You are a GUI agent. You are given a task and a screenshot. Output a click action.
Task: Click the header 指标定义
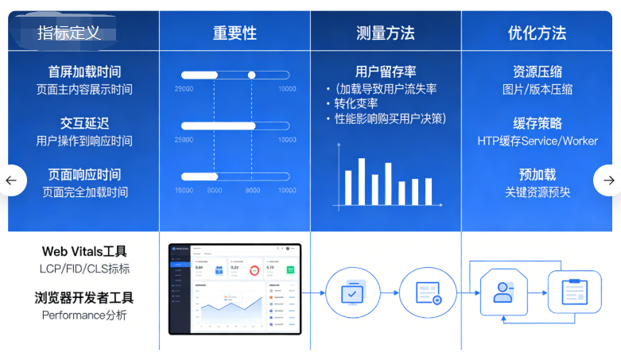pyautogui.click(x=69, y=33)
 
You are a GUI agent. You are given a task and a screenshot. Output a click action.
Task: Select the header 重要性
pyautogui.click(x=235, y=33)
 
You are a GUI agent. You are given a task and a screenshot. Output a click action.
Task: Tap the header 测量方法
pyautogui.click(x=385, y=33)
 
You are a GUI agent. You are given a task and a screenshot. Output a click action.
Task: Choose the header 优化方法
pyautogui.click(x=537, y=33)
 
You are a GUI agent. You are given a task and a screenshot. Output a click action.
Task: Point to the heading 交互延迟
pyautogui.click(x=84, y=123)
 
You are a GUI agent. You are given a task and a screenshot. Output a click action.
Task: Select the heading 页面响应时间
pyautogui.click(x=84, y=174)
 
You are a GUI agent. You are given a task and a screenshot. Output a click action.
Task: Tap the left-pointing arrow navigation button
pyautogui.click(x=11, y=180)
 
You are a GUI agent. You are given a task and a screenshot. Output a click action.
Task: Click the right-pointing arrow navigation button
pyautogui.click(x=608, y=180)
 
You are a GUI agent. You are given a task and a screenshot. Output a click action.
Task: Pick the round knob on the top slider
pyautogui.click(x=252, y=75)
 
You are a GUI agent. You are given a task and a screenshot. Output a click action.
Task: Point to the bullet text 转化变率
pyautogui.click(x=355, y=103)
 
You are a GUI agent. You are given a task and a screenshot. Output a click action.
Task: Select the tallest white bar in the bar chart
pyautogui.click(x=361, y=181)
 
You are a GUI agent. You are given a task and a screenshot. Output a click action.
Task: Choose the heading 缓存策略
pyautogui.click(x=537, y=123)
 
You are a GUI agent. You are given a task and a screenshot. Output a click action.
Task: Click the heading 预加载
pyautogui.click(x=537, y=174)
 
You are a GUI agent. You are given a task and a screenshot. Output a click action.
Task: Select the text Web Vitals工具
pyautogui.click(x=84, y=252)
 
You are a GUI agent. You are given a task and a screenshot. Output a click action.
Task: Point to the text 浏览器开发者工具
pyautogui.click(x=84, y=298)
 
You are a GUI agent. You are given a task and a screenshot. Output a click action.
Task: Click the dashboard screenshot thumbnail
pyautogui.click(x=235, y=288)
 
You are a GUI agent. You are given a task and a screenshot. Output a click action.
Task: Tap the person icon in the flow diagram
pyautogui.click(x=503, y=292)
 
